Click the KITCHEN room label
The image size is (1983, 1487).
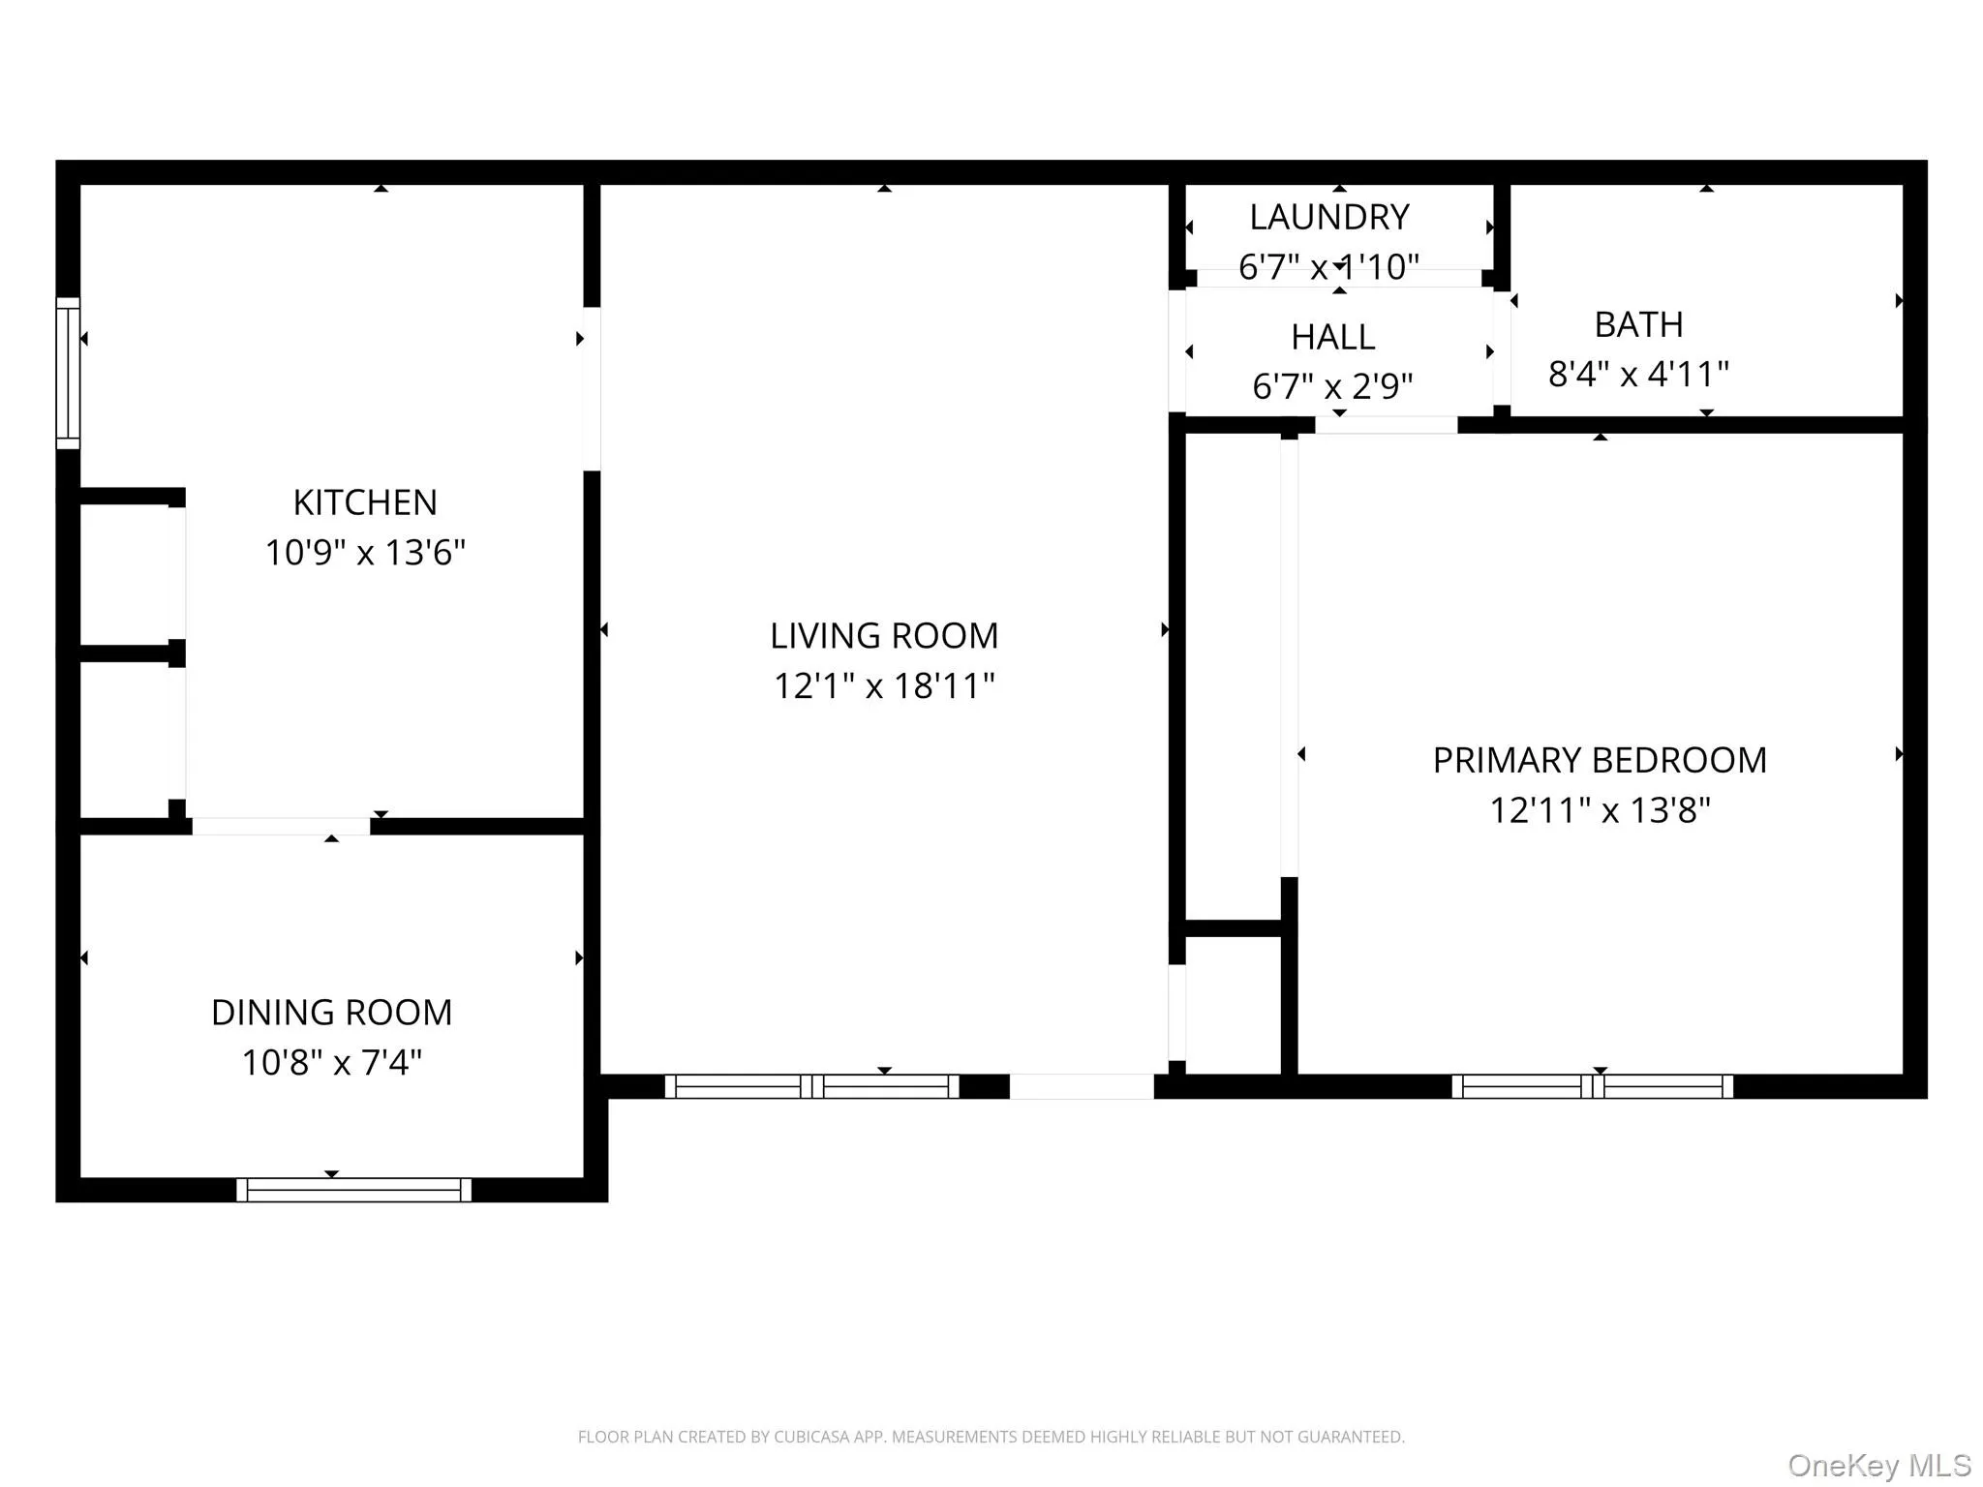pos(365,502)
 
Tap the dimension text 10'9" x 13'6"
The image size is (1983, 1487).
pos(365,553)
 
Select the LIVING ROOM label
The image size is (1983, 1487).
pos(884,636)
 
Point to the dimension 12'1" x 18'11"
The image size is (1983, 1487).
pos(884,686)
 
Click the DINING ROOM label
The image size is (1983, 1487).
pos(331,1013)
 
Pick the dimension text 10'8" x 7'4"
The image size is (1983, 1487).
pos(331,1063)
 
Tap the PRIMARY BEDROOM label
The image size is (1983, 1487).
pos(1600,760)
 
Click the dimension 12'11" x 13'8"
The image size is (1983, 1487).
pos(1600,810)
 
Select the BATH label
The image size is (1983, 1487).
pos(1638,324)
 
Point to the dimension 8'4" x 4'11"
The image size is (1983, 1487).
pos(1638,375)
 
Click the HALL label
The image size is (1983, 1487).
pos(1332,337)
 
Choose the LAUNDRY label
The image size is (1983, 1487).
pos(1328,217)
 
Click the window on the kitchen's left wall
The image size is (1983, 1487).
pos(68,373)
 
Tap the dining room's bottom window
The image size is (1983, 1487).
pos(353,1190)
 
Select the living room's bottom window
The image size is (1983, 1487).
pos(811,1086)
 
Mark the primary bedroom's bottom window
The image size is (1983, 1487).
pos(1592,1086)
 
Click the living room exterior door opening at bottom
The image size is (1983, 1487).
pos(1082,1086)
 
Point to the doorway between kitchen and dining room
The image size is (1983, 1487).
pos(281,826)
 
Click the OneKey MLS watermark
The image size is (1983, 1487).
pos(1878,1465)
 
